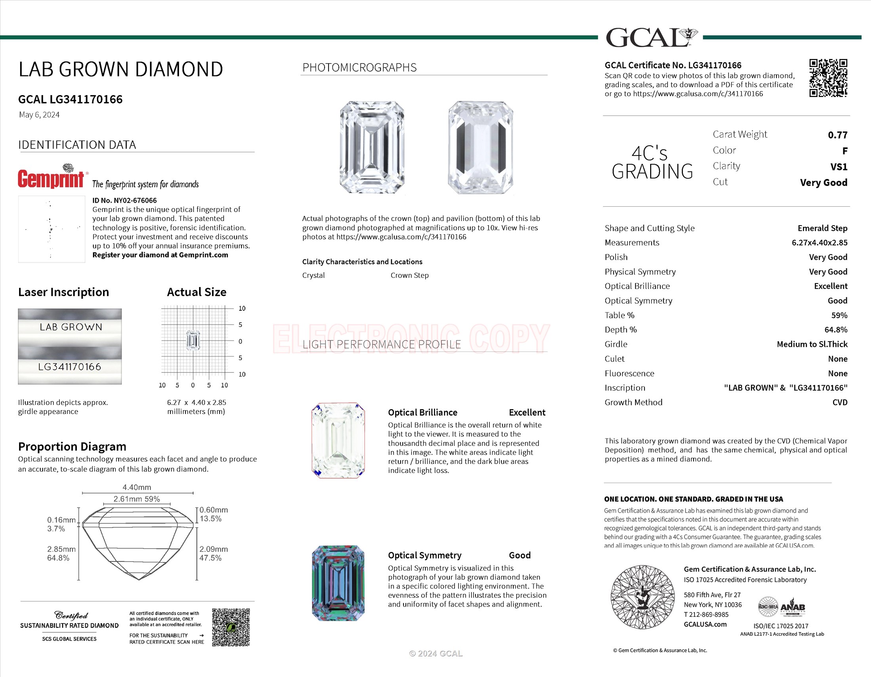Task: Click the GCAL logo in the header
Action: (650, 38)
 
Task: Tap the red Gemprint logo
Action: (51, 178)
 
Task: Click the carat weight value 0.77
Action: (837, 135)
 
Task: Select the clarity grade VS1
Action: (838, 167)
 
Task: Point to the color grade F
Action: (844, 151)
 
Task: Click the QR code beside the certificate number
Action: (828, 78)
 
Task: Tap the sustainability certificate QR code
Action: (230, 627)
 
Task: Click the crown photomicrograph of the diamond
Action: (372, 147)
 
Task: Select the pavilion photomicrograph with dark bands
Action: (480, 147)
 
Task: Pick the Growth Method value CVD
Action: (839, 402)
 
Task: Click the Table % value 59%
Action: (839, 316)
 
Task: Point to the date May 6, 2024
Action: (39, 115)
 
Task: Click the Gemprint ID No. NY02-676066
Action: (124, 201)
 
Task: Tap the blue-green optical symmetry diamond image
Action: (338, 583)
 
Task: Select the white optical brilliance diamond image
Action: (338, 440)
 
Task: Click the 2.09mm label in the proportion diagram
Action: (213, 549)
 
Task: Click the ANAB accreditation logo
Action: (793, 607)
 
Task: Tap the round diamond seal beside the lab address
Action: (642, 597)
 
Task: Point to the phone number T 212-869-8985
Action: (706, 614)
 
